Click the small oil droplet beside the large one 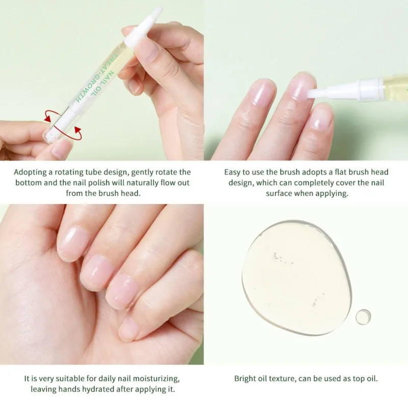coord(363,317)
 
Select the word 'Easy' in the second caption coord(233,172)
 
